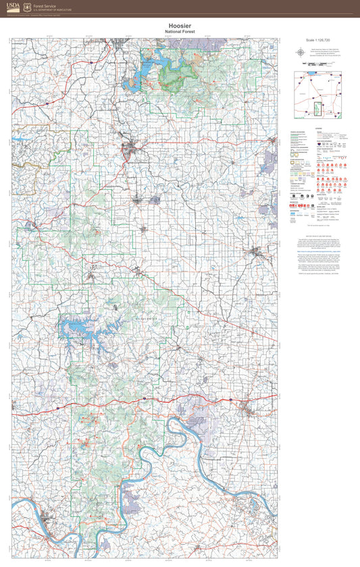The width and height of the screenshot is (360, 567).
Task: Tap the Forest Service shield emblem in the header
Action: tap(27, 7)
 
